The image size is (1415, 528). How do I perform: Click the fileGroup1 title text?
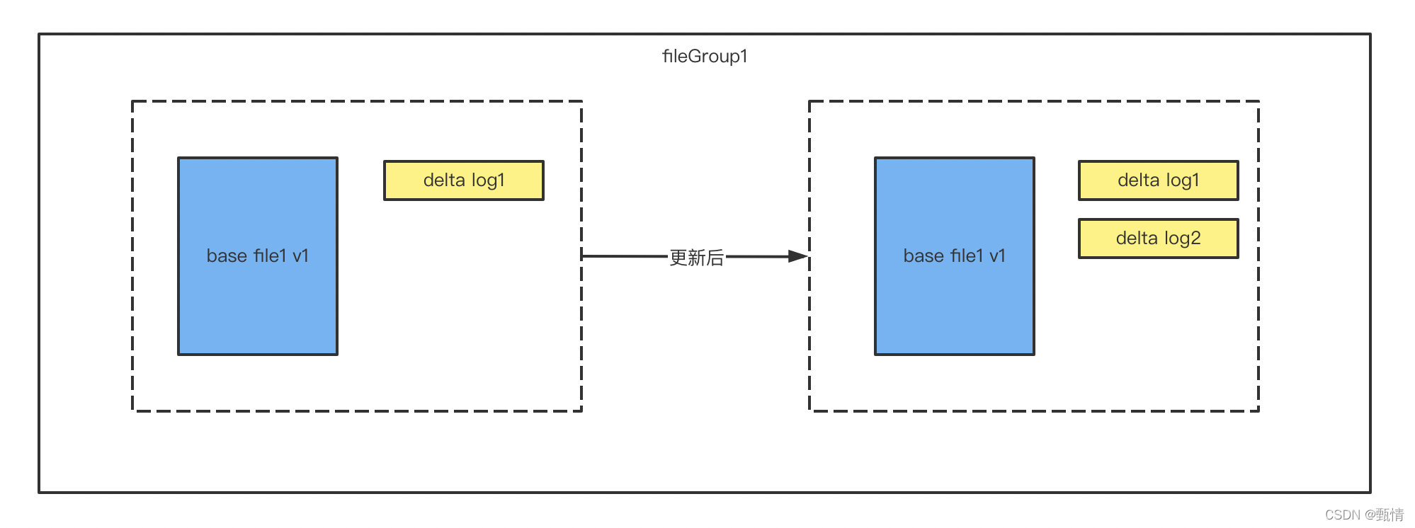coord(705,57)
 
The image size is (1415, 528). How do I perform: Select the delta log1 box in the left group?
coord(464,180)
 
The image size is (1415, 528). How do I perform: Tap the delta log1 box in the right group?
coord(1158,180)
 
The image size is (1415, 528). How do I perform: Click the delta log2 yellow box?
coord(1158,239)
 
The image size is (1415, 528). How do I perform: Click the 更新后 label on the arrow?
coord(697,258)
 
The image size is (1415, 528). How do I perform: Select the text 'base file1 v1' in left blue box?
coord(258,256)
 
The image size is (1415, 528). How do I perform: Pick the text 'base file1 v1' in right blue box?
coord(954,256)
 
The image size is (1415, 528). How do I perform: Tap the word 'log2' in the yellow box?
coord(1182,239)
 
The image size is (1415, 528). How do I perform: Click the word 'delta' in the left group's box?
coord(444,180)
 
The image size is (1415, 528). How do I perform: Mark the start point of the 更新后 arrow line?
coord(584,256)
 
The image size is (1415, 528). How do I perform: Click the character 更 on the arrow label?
coord(678,258)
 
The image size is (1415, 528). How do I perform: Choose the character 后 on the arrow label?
coord(715,258)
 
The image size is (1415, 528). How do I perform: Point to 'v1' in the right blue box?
coord(997,256)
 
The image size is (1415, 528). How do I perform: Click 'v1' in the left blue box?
coord(300,256)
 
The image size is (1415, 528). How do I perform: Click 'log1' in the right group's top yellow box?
coord(1182,180)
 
